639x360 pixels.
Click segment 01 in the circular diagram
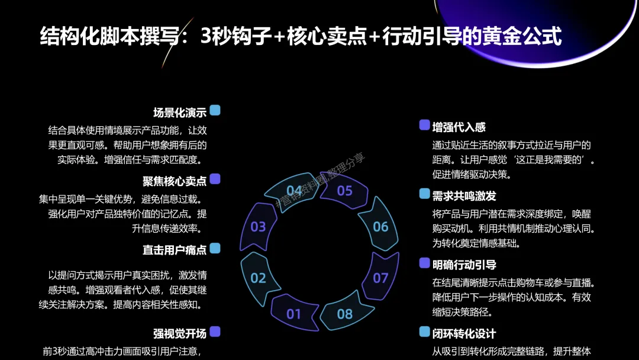point(294,313)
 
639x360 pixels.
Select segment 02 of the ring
point(259,278)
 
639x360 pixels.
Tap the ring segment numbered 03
point(259,226)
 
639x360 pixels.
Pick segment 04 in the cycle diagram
point(294,190)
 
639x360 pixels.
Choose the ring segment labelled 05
point(344,190)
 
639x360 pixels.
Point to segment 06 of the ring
point(380,226)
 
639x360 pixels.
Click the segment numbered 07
point(380,278)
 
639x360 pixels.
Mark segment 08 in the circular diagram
point(344,313)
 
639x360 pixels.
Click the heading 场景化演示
point(180,112)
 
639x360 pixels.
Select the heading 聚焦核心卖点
point(175,181)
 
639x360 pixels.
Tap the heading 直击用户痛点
point(175,250)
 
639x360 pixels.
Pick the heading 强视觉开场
point(180,333)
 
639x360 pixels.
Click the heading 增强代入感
point(459,127)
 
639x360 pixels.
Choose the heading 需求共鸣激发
point(464,196)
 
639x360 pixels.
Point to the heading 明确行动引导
point(464,265)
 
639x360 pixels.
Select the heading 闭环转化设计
point(464,334)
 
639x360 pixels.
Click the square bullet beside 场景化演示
point(215,110)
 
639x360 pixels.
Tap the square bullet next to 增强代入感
point(424,125)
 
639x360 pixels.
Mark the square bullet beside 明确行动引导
point(424,263)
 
